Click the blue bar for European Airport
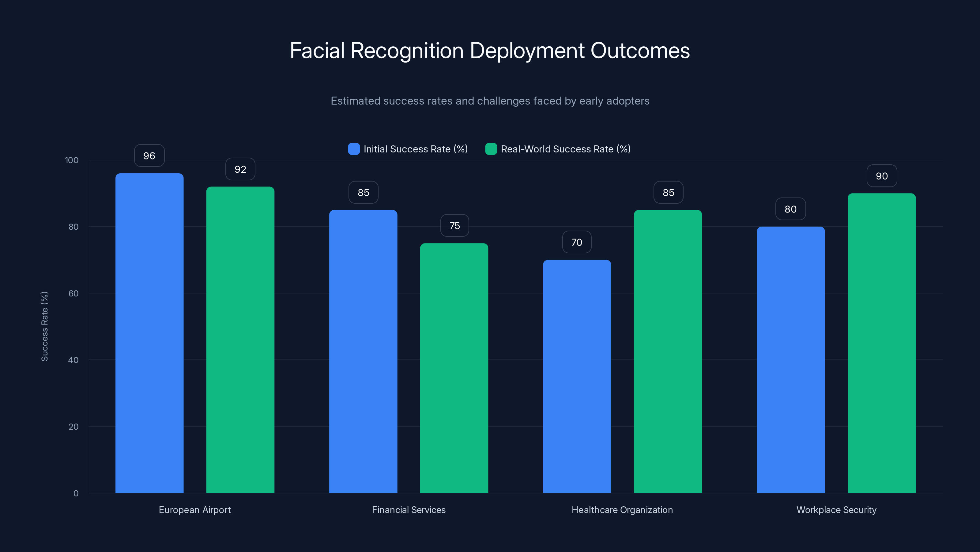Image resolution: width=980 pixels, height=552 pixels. (149, 333)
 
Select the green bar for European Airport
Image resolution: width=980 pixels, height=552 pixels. (240, 340)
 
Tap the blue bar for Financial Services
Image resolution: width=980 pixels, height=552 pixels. (363, 351)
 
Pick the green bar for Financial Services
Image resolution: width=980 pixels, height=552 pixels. (454, 368)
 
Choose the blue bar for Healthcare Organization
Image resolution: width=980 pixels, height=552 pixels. (577, 376)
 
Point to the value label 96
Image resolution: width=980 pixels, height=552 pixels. (149, 156)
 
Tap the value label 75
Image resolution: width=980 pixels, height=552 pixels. (454, 226)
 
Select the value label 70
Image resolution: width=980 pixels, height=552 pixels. (577, 242)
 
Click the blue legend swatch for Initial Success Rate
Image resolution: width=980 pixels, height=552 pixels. (354, 149)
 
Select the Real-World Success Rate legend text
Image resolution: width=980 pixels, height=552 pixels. (565, 149)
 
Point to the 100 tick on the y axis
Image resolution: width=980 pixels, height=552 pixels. (72, 160)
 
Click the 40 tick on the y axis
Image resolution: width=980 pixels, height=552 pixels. (73, 360)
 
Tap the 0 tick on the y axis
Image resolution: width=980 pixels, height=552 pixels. (76, 493)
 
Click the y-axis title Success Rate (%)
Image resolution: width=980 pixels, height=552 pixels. (44, 327)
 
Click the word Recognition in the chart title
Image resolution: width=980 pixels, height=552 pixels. (407, 51)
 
